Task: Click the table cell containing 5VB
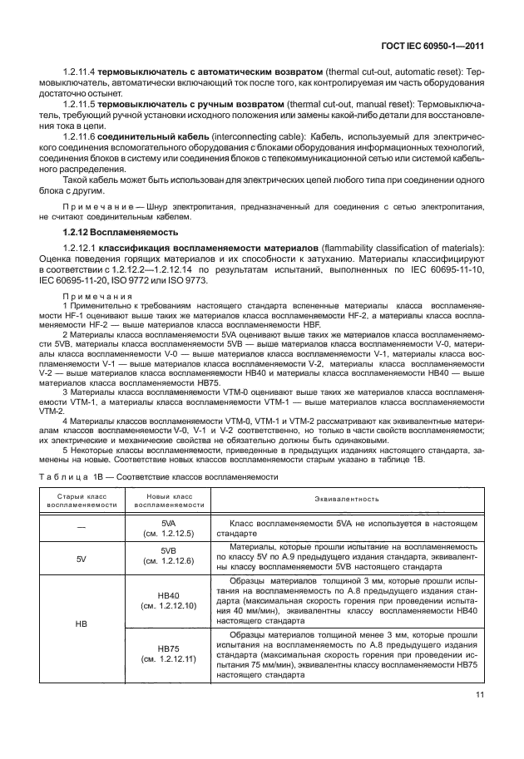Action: click(x=168, y=556)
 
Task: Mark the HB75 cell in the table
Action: click(x=168, y=653)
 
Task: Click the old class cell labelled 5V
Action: click(x=81, y=556)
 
